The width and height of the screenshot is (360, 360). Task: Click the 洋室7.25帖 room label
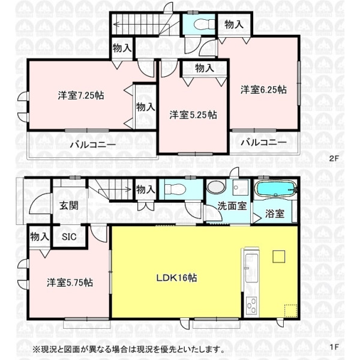[x=81, y=95]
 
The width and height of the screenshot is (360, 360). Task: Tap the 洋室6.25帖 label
[x=263, y=89]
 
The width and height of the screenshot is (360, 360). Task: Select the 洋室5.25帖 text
[x=193, y=115]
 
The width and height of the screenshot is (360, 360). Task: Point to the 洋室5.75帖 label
[x=70, y=283]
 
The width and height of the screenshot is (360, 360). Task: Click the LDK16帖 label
[x=176, y=278]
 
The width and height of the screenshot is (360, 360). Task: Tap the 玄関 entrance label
[x=69, y=205]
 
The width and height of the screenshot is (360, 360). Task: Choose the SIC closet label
[x=69, y=237]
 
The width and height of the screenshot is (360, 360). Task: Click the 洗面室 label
[x=232, y=206]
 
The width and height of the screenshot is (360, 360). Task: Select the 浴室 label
[x=275, y=214]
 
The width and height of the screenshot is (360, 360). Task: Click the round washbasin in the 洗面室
[x=216, y=187]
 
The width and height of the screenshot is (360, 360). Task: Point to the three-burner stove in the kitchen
[x=251, y=305]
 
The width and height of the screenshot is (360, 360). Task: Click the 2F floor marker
[x=334, y=158]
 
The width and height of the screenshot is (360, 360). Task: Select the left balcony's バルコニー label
[x=93, y=145]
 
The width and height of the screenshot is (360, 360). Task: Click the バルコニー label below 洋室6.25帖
[x=264, y=142]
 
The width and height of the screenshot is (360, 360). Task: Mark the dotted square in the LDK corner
[x=290, y=311]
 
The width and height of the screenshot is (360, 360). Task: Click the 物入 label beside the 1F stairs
[x=146, y=190]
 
